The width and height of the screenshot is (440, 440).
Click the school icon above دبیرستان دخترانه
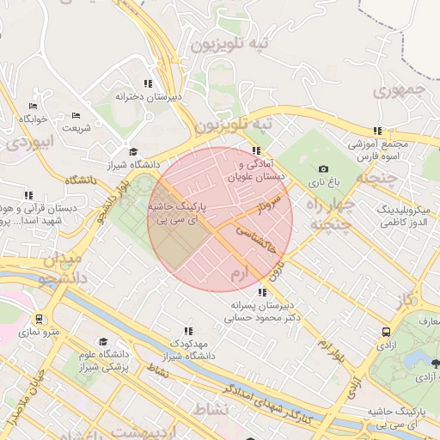click(148, 83)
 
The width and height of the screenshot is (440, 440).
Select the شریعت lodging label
click(76, 128)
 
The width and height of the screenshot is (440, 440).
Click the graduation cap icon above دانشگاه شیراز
click(131, 151)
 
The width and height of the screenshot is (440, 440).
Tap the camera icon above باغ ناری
click(323, 169)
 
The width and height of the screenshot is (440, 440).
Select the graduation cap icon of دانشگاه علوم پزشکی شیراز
click(104, 341)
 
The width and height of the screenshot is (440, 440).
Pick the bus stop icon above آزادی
click(387, 331)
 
